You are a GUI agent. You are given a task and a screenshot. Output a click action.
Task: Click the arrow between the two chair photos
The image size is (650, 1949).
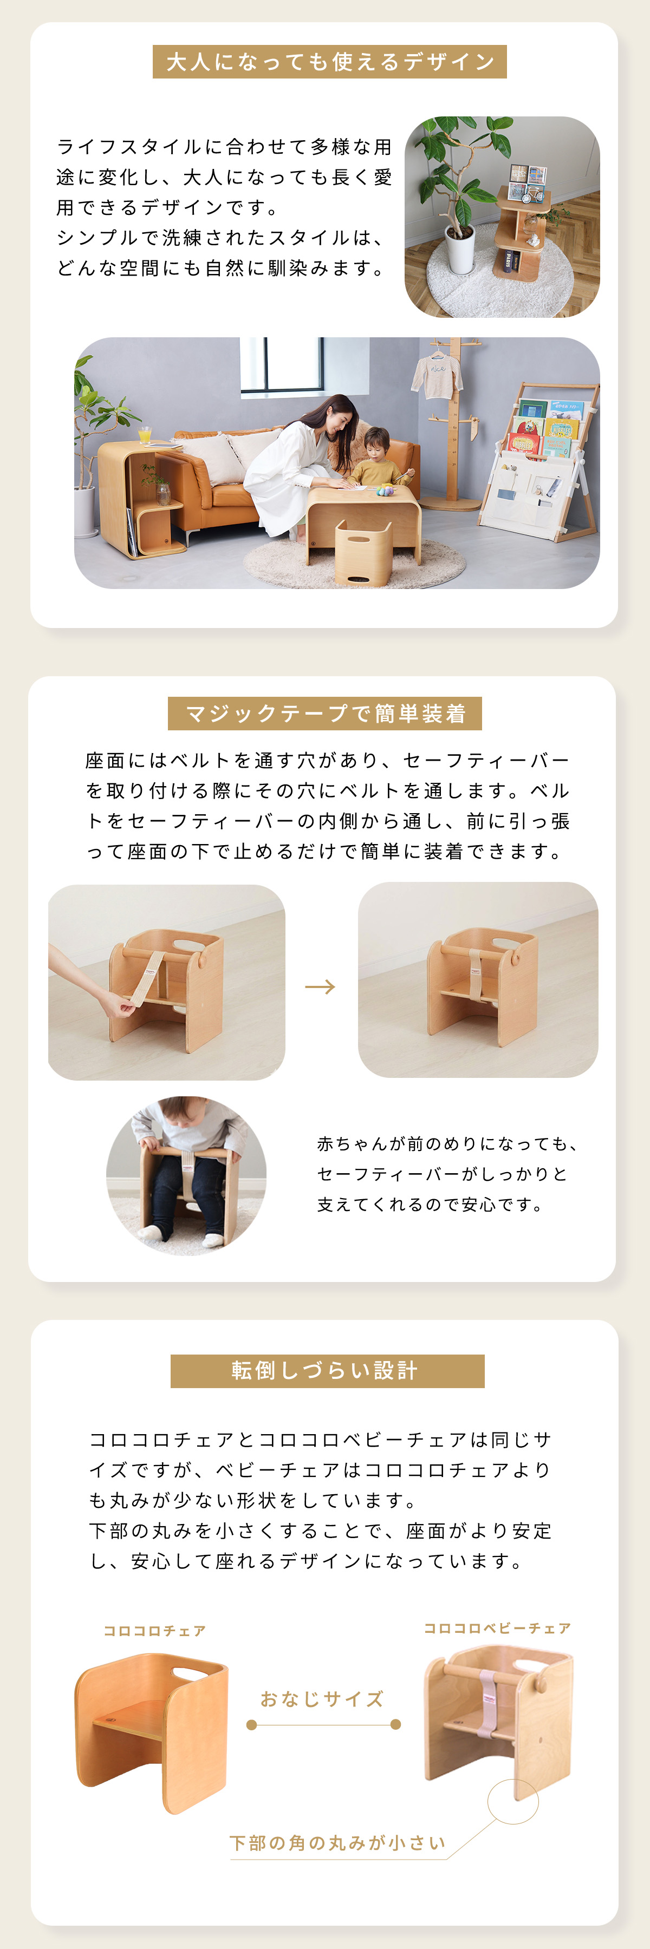pos(320,986)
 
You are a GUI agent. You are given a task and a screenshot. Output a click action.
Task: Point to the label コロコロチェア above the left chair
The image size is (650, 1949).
pos(154,1631)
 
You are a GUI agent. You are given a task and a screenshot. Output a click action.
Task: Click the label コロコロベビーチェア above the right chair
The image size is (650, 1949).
pos(497,1627)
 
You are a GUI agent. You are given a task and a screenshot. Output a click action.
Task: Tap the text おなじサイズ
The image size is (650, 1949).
pos(322,1698)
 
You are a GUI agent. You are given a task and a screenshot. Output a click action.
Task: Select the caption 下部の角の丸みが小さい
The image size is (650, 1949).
pos(337,1842)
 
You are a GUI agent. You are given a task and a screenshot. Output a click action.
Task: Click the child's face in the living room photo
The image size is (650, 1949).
pos(377,446)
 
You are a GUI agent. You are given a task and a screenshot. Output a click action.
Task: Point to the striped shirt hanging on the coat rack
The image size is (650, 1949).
pos(436,374)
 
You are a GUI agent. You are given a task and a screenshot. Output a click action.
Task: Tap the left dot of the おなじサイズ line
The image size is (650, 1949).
pos(252,1724)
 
